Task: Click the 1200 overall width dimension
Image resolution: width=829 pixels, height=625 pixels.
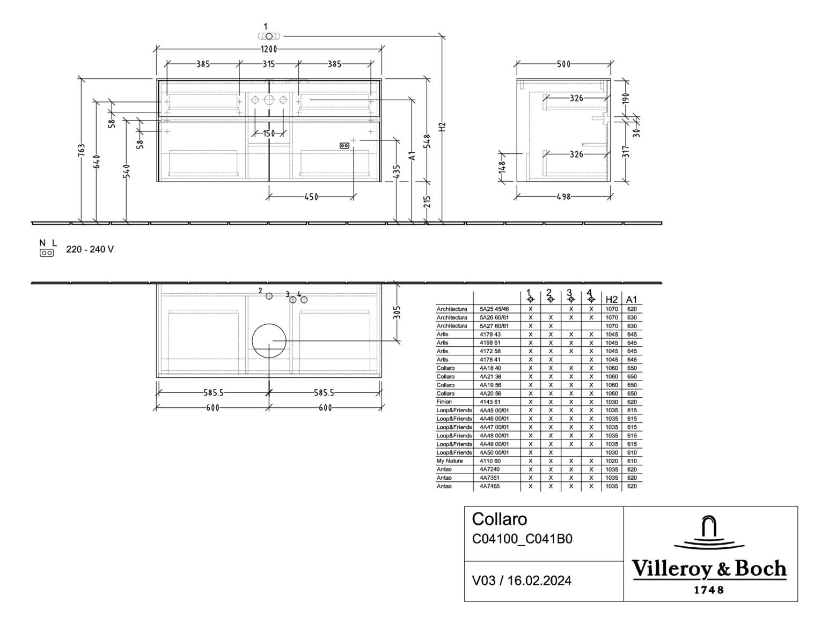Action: pyautogui.click(x=269, y=49)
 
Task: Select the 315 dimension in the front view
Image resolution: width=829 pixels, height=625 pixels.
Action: pyautogui.click(x=268, y=64)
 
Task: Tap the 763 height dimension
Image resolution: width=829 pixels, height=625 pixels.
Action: pyautogui.click(x=82, y=150)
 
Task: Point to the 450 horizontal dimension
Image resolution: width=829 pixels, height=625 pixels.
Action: pyautogui.click(x=311, y=197)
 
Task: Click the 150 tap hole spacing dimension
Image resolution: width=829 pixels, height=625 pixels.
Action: pyautogui.click(x=269, y=133)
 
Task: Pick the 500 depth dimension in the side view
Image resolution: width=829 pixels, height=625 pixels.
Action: pyautogui.click(x=563, y=64)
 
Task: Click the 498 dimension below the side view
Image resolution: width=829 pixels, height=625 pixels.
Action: pyautogui.click(x=563, y=197)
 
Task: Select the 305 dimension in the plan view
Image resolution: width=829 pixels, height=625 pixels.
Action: pyautogui.click(x=397, y=312)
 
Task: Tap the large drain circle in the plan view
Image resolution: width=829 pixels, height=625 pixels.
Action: pyautogui.click(x=269, y=341)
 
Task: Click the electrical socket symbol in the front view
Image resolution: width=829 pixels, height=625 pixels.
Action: pyautogui.click(x=344, y=146)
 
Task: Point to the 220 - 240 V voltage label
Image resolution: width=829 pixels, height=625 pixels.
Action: pyautogui.click(x=90, y=249)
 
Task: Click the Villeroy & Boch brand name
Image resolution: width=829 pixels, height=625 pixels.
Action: pyautogui.click(x=709, y=569)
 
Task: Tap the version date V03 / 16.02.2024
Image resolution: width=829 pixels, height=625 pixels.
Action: pyautogui.click(x=521, y=581)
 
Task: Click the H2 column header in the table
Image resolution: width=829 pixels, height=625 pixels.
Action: pyautogui.click(x=611, y=299)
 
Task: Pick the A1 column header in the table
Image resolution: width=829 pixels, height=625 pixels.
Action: pyautogui.click(x=632, y=299)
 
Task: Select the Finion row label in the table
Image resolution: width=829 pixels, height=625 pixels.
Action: pyautogui.click(x=444, y=401)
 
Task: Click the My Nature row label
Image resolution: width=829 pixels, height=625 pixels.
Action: pyautogui.click(x=450, y=460)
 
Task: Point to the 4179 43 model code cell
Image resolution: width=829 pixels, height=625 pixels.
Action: pyautogui.click(x=490, y=334)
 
